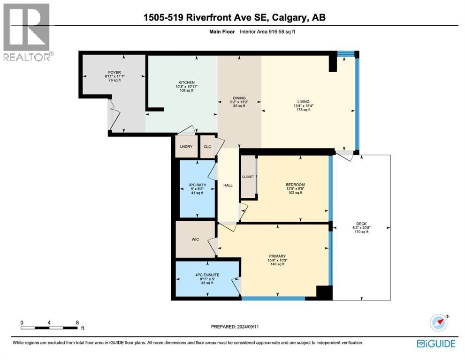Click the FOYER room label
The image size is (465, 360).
(112, 73)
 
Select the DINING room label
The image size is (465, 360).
(239, 98)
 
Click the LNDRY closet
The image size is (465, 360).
(187, 147)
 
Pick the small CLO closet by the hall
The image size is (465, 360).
(207, 147)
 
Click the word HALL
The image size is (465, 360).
(228, 185)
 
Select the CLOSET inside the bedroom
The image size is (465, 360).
(248, 177)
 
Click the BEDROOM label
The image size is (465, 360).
(295, 185)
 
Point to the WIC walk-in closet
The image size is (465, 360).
(195, 239)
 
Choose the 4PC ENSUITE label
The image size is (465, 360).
(206, 275)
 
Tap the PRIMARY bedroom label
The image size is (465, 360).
(277, 256)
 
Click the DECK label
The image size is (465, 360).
(361, 224)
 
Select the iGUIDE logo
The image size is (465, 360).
(436, 344)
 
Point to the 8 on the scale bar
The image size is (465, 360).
(77, 322)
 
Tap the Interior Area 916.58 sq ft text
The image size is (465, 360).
(267, 32)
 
